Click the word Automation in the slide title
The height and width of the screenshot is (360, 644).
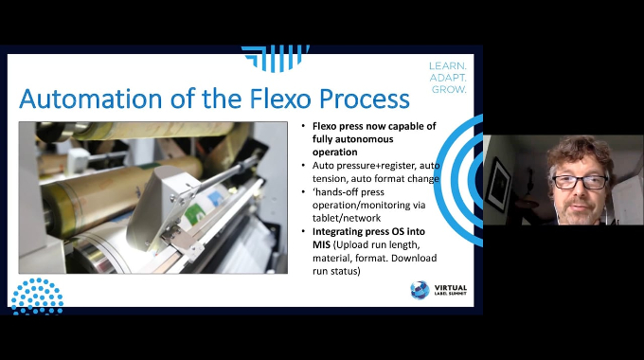pyautogui.click(x=90, y=99)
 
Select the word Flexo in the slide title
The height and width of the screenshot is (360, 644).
pyautogui.click(x=279, y=99)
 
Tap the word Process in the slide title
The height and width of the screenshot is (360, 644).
pyautogui.click(x=365, y=99)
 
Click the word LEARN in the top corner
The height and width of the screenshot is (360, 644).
pyautogui.click(x=448, y=65)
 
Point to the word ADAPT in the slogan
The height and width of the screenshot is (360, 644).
pyautogui.click(x=448, y=78)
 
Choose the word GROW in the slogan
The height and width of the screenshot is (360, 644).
pyautogui.click(x=449, y=89)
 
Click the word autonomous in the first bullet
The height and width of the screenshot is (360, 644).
pyautogui.click(x=353, y=139)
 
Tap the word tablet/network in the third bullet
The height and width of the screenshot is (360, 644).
pyautogui.click(x=347, y=218)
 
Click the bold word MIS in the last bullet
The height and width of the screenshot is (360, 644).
pyautogui.click(x=321, y=245)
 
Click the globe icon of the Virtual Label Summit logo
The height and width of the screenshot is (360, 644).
pyautogui.click(x=420, y=290)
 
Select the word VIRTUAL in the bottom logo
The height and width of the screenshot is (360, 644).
pyautogui.click(x=451, y=288)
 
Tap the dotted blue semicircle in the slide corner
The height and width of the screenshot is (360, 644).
pyautogui.click(x=37, y=296)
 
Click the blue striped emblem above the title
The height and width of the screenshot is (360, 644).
pyautogui.click(x=276, y=58)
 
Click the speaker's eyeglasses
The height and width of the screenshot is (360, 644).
pyautogui.click(x=580, y=182)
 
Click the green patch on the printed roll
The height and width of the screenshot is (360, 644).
pyautogui.click(x=192, y=215)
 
